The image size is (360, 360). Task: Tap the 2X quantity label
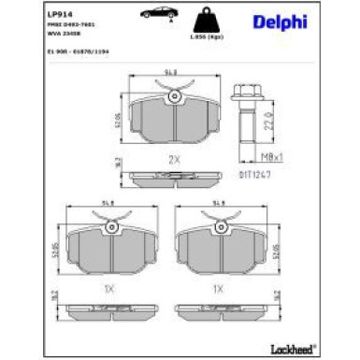(x=173, y=159)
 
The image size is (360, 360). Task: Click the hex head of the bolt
(x=245, y=97)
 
